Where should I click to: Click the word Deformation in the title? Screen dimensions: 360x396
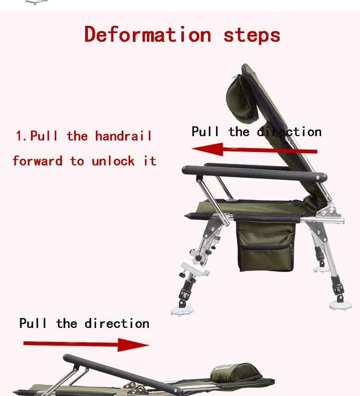(x=148, y=34)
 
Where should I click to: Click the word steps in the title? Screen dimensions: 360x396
(x=252, y=36)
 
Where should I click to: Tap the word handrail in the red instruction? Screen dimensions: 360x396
(x=123, y=136)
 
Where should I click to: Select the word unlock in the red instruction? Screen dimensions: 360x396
(x=113, y=161)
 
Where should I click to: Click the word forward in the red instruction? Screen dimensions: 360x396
(x=37, y=161)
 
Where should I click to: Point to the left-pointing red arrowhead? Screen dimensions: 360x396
(x=207, y=149)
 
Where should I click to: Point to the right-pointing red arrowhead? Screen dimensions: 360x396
(x=133, y=345)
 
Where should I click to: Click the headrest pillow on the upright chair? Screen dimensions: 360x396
(x=242, y=100)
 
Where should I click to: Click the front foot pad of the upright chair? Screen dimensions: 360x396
(x=182, y=311)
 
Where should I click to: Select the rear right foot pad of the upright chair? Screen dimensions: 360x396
(x=340, y=305)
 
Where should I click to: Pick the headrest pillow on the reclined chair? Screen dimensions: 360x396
(x=236, y=373)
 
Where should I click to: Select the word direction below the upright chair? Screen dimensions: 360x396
(x=117, y=323)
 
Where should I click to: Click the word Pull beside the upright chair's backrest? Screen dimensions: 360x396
(x=205, y=131)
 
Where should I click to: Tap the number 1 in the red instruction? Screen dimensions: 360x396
(x=19, y=136)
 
